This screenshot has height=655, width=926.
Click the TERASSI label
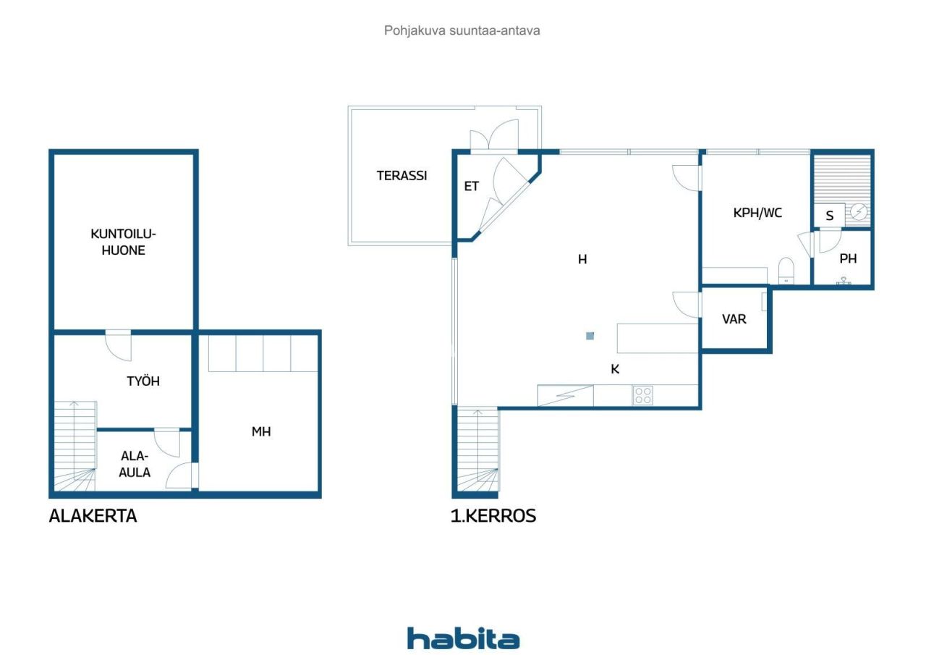[x=402, y=175]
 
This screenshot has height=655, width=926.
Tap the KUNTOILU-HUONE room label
[x=123, y=242]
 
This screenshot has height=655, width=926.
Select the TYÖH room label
[x=143, y=381]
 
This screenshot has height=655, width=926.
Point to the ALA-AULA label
[x=135, y=464]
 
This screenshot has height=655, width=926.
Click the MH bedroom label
[x=261, y=431]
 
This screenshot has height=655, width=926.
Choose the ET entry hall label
[x=471, y=186]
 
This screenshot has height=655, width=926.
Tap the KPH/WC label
[x=757, y=213]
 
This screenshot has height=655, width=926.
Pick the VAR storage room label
[x=734, y=318]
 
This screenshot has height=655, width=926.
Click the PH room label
[x=848, y=258]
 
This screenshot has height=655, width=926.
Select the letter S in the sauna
[x=830, y=216]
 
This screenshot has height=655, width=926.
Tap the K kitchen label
[x=615, y=368]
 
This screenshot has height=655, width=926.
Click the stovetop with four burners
[x=642, y=395]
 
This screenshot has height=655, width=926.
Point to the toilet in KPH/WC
[x=786, y=271]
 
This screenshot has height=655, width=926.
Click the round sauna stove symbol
[x=859, y=212]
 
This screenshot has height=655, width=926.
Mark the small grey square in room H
[x=590, y=336]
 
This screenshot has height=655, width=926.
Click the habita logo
[x=463, y=638]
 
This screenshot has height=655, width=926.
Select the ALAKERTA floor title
[x=93, y=516]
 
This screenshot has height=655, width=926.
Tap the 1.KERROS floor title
[x=494, y=516]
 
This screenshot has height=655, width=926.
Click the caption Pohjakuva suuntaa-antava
[x=462, y=30]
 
